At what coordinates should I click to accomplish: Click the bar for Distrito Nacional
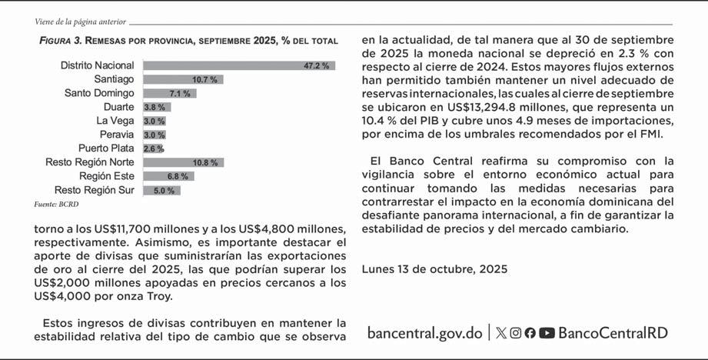238,66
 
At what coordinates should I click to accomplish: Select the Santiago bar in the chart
183,79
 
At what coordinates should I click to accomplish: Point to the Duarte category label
118,107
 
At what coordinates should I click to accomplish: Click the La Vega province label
115,121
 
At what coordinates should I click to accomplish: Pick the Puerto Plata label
106,148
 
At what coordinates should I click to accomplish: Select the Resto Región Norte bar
183,162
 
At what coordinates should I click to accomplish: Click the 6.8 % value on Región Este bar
178,176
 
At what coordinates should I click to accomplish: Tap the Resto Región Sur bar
161,190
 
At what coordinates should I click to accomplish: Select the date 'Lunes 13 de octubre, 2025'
434,270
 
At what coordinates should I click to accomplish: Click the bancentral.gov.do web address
424,333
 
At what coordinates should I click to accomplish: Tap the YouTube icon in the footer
547,333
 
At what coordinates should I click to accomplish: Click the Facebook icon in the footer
530,333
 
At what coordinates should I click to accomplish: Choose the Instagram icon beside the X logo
516,333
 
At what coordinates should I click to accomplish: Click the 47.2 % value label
316,66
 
